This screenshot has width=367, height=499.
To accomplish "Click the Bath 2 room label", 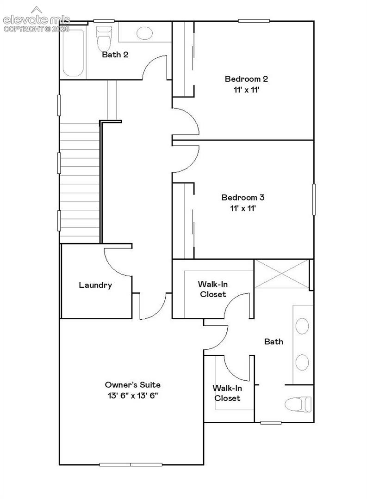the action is pos(115,55).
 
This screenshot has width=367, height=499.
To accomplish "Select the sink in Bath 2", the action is pos(144,33).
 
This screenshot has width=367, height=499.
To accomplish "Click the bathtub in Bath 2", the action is pos(73,53).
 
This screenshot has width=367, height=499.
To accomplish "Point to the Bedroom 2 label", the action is pos(246,79).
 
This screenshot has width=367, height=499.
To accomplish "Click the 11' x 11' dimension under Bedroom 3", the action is pos(243,208).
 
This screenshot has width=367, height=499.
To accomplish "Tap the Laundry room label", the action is pos(95,285).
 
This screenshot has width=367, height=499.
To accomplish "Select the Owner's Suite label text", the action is pos(133,385).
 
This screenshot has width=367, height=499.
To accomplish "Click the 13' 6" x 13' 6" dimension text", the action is pos(133,396).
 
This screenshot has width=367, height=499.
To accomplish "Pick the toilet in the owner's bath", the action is pos(298,404).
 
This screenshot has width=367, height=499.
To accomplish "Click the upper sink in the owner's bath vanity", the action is pos(302,326).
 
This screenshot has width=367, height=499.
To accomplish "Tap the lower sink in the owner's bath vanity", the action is pos(302,362).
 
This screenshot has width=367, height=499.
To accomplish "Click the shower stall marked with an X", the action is pos(282,274).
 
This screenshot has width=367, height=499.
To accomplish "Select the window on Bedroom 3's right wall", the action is pos(314,199).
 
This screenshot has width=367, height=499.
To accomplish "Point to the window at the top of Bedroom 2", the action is pos(254,21).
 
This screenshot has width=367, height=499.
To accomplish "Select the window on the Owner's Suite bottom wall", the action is pos(131,465).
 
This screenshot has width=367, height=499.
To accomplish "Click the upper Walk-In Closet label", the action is pos(213,289).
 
